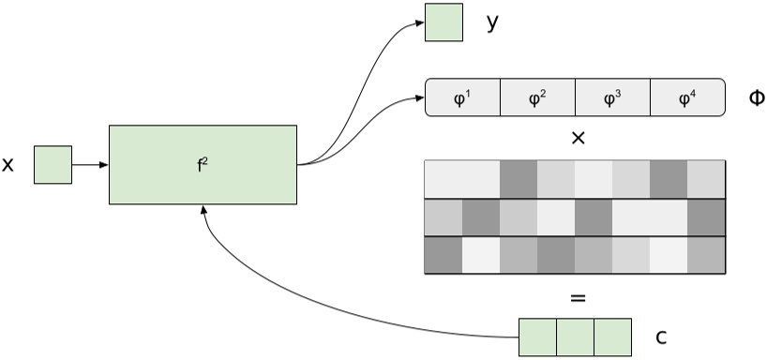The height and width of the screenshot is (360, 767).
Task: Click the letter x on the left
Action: coord(8,166)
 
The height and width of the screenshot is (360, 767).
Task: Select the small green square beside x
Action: coord(53,165)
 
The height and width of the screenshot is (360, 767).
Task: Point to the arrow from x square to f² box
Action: coord(90,165)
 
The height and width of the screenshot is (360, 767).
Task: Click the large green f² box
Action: coord(203,165)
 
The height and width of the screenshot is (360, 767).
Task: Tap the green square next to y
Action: coord(444,23)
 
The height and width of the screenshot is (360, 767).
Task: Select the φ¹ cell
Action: coord(463,97)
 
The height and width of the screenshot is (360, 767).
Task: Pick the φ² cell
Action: coord(537,97)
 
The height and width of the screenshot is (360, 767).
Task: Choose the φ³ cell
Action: coord(612,97)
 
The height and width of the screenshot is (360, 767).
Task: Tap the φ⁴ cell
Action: coord(687,97)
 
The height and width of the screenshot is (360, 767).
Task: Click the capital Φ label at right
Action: coord(756,97)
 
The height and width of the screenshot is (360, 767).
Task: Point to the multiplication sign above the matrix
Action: coord(578,138)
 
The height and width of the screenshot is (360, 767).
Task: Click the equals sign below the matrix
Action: coord(578,298)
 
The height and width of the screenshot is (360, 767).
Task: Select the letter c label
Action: coord(660,337)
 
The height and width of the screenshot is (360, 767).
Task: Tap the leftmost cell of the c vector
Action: coord(537,337)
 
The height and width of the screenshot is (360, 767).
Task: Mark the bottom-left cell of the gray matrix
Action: coord(444,255)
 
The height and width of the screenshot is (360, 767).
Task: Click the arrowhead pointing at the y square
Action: coord(418,24)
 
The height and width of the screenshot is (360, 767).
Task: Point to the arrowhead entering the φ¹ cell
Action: coord(419,97)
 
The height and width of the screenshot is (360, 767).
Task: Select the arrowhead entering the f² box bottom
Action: coord(203,213)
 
